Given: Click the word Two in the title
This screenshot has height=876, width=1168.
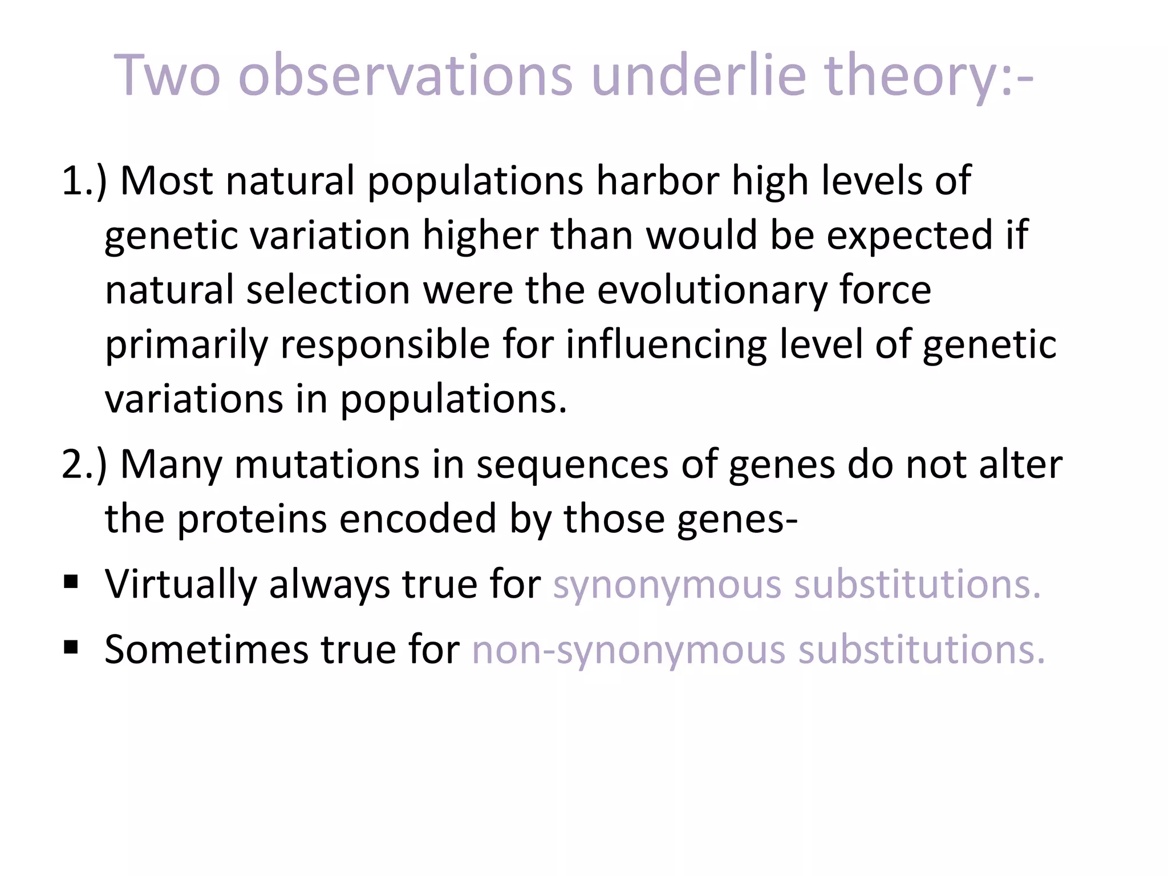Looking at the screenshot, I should point(167,75).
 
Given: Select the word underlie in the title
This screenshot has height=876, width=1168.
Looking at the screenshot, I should point(699,75).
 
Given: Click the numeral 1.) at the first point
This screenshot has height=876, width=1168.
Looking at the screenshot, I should point(84,181).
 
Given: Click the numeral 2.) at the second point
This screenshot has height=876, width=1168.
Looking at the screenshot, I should point(84,465).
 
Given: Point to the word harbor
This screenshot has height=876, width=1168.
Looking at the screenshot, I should point(658,181).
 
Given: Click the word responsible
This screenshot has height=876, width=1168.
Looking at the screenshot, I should point(385,345).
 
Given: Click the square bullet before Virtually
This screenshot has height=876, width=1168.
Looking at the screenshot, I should point(71,582).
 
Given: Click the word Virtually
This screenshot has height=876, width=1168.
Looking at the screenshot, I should point(181,585).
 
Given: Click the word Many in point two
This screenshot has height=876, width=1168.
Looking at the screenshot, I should point(171,465).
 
